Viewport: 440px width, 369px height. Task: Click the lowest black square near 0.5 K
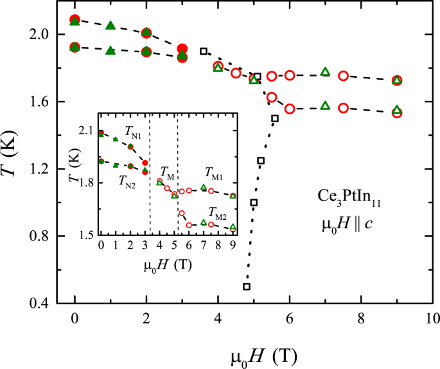point(247,286)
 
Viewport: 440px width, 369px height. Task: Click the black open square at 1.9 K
point(204,51)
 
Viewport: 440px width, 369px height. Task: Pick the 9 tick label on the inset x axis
point(233,247)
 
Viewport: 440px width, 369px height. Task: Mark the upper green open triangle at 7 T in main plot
point(325,71)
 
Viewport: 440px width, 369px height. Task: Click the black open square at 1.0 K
point(254,203)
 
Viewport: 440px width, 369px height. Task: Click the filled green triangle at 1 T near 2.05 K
point(110,26)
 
